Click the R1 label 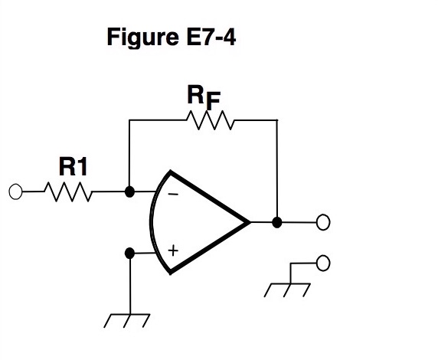[x=73, y=166]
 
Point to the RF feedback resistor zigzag [x=209, y=120]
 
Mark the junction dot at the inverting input [x=130, y=191]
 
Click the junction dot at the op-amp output [x=277, y=222]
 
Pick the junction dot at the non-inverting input [x=130, y=252]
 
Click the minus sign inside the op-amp [x=172, y=195]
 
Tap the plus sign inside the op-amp [x=173, y=250]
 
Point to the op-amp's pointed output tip [x=249, y=222]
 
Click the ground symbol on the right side [x=286, y=290]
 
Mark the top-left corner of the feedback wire [x=130, y=120]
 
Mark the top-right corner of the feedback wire [x=277, y=120]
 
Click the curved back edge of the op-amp [x=152, y=222]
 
